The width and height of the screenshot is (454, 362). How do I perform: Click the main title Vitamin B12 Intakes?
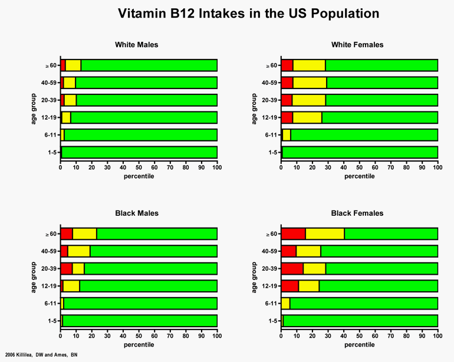tap(248, 13)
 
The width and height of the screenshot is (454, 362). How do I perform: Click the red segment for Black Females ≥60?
tap(293, 234)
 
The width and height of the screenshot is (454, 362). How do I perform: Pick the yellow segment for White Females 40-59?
tap(310, 83)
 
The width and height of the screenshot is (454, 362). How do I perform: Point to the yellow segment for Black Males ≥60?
tap(84, 234)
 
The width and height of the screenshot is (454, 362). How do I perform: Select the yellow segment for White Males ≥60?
tap(73, 65)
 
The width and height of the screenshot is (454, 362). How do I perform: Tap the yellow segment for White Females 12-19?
tap(307, 117)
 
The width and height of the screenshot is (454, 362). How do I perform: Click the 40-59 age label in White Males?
tap(49, 83)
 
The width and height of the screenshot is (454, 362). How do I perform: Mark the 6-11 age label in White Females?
tap(271, 135)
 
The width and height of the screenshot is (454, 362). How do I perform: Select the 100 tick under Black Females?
tap(437, 337)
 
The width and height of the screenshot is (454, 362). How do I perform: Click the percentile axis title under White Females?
tap(359, 176)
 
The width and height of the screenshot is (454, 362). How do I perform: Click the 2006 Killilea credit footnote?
tap(41, 354)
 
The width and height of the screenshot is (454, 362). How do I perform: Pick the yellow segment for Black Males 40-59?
tap(79, 252)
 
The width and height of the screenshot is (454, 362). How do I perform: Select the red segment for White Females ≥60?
tap(287, 65)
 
